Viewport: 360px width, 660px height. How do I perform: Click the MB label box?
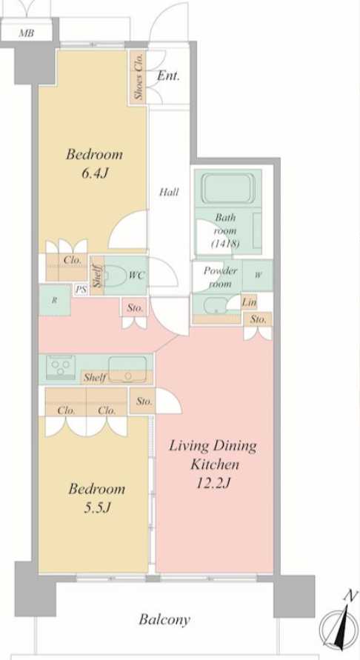click(x=27, y=33)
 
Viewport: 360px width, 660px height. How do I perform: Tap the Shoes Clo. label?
click(x=138, y=77)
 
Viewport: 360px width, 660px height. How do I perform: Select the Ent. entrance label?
click(x=168, y=76)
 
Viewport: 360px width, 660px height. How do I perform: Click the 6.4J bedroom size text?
click(x=94, y=174)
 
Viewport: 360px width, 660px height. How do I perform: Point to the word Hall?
click(x=169, y=193)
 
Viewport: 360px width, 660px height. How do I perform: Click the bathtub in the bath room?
click(x=227, y=190)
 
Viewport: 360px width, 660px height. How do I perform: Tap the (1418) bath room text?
click(x=225, y=243)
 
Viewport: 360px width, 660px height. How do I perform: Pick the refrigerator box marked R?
click(x=55, y=301)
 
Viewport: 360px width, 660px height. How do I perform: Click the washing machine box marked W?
click(x=257, y=276)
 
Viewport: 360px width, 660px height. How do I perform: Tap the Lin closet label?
click(x=249, y=301)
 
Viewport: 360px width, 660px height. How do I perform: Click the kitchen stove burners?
click(x=59, y=367)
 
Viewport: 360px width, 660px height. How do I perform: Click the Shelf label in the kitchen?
click(x=94, y=378)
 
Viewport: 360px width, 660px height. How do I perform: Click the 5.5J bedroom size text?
click(x=96, y=508)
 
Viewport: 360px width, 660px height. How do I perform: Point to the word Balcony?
click(x=164, y=619)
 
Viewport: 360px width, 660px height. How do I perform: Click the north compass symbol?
click(x=339, y=626)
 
